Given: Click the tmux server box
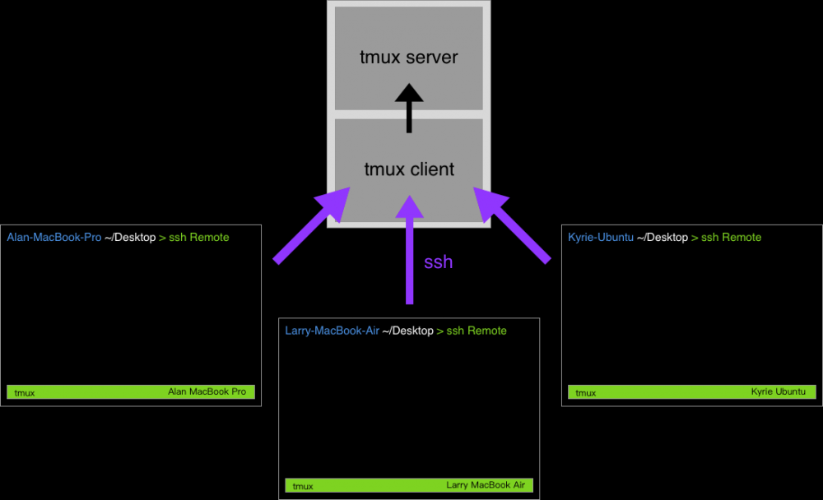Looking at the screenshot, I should coord(408,58).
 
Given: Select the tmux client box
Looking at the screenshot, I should coord(408,169).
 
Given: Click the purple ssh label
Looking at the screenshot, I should coord(438,262).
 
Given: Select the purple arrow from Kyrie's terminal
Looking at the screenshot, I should coord(511,225).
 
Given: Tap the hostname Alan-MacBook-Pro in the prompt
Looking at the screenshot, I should coord(53,238).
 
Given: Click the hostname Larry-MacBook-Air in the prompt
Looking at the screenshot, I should coord(332,331).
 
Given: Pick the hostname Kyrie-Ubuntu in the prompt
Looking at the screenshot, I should coord(601,238).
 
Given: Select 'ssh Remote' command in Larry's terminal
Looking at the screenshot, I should coord(477,331).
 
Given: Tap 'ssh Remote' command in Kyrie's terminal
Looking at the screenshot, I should coord(731,238).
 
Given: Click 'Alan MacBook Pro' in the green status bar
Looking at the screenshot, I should coord(207,392).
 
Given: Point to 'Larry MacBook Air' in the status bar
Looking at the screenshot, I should coord(485,485).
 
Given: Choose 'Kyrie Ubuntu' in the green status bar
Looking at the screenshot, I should coord(778,392).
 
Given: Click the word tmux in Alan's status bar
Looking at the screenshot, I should coord(25,393).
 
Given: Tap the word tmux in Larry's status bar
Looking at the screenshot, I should coord(303,486).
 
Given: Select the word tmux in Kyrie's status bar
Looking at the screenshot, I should coord(585,393).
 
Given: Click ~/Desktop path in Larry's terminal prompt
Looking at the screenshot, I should coord(407,331).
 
